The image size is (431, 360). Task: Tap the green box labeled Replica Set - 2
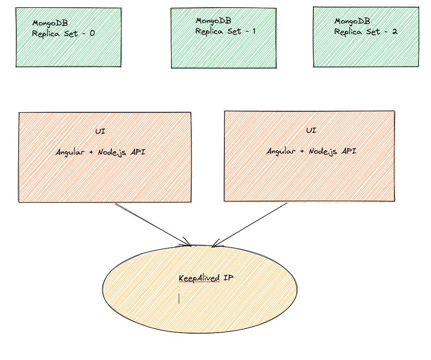pos(366,48)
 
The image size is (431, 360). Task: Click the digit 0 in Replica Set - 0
pos(92,34)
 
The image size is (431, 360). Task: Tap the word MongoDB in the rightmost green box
pos(352,21)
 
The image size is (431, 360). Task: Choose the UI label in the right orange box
pos(311,131)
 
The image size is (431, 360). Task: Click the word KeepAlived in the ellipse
pos(199,278)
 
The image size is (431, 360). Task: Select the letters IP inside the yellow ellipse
pos(228,277)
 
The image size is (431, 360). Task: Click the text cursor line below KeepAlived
pos(179,299)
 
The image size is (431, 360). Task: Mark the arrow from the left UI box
pos(153,224)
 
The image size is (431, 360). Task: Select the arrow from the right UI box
pos(250,224)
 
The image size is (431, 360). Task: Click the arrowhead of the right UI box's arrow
pos(215,245)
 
